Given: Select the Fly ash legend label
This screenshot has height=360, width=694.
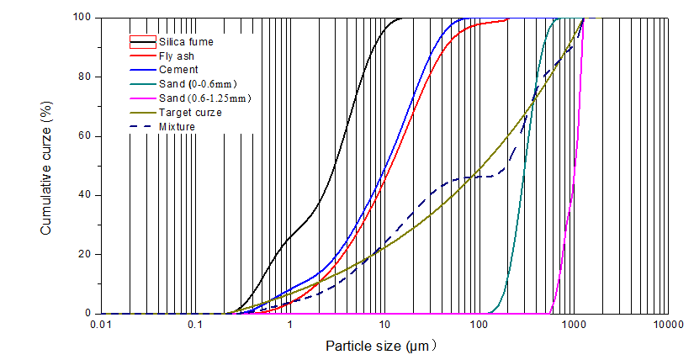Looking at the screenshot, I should coord(176,55).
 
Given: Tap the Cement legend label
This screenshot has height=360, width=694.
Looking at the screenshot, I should coord(178,69).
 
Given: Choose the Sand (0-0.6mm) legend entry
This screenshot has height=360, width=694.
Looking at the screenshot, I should coord(198,83).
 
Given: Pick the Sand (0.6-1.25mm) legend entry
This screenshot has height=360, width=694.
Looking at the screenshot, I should coord(204,98).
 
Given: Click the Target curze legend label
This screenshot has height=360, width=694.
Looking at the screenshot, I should coord(190,112).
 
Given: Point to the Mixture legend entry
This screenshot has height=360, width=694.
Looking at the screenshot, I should coord(177,126).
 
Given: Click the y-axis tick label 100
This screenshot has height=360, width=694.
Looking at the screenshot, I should coord(82,17).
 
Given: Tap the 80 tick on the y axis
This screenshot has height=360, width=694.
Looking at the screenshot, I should coord(85,77).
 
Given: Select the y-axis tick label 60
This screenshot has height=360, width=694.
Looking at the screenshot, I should coord(85,135).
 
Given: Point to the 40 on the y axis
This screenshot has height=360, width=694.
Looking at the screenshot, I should coord(85,195).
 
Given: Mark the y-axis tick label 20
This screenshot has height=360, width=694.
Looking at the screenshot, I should coord(85,254).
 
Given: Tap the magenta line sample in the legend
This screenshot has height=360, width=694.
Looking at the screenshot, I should coord(142,98).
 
